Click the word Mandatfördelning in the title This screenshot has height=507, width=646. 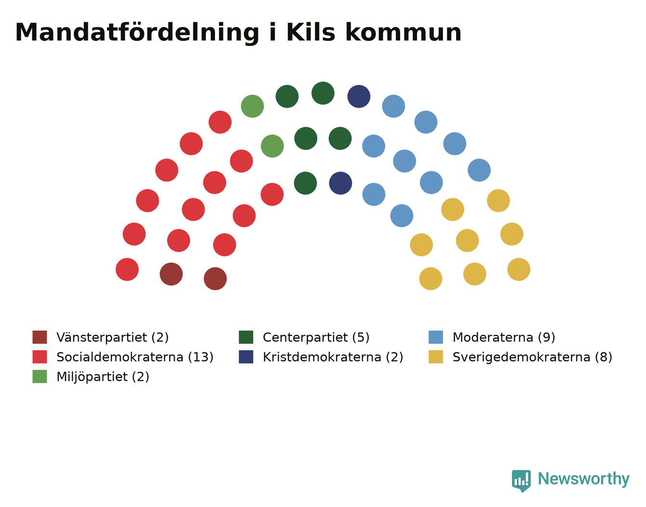(x=137, y=33)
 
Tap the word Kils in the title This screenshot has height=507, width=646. (x=310, y=32)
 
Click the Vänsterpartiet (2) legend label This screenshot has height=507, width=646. (x=112, y=337)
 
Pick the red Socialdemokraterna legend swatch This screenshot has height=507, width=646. (x=40, y=357)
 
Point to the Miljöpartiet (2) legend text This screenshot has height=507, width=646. (x=103, y=377)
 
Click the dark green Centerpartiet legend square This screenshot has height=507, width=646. (x=246, y=337)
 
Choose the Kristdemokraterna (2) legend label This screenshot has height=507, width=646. (x=333, y=357)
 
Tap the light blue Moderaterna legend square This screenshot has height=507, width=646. (x=435, y=337)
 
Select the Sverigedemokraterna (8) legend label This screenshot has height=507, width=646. (x=532, y=357)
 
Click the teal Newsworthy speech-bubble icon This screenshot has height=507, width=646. (x=521, y=481)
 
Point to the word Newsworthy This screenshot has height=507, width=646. (x=584, y=479)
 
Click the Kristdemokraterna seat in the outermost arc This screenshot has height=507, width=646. (x=359, y=96)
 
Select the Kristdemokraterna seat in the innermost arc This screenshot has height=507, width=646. (x=340, y=183)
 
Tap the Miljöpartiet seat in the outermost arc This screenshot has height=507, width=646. (x=253, y=106)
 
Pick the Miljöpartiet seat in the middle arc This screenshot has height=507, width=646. (x=272, y=146)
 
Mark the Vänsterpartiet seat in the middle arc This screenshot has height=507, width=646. (x=171, y=274)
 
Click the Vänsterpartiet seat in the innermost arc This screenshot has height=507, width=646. (x=215, y=279)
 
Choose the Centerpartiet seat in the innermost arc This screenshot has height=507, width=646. (x=305, y=183)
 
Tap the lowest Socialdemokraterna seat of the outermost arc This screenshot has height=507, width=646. (x=127, y=269)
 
